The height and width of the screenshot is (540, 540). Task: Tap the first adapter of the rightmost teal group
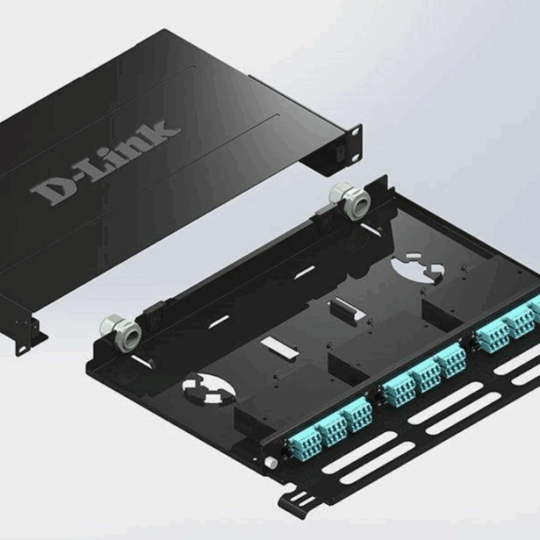tap(491, 337)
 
